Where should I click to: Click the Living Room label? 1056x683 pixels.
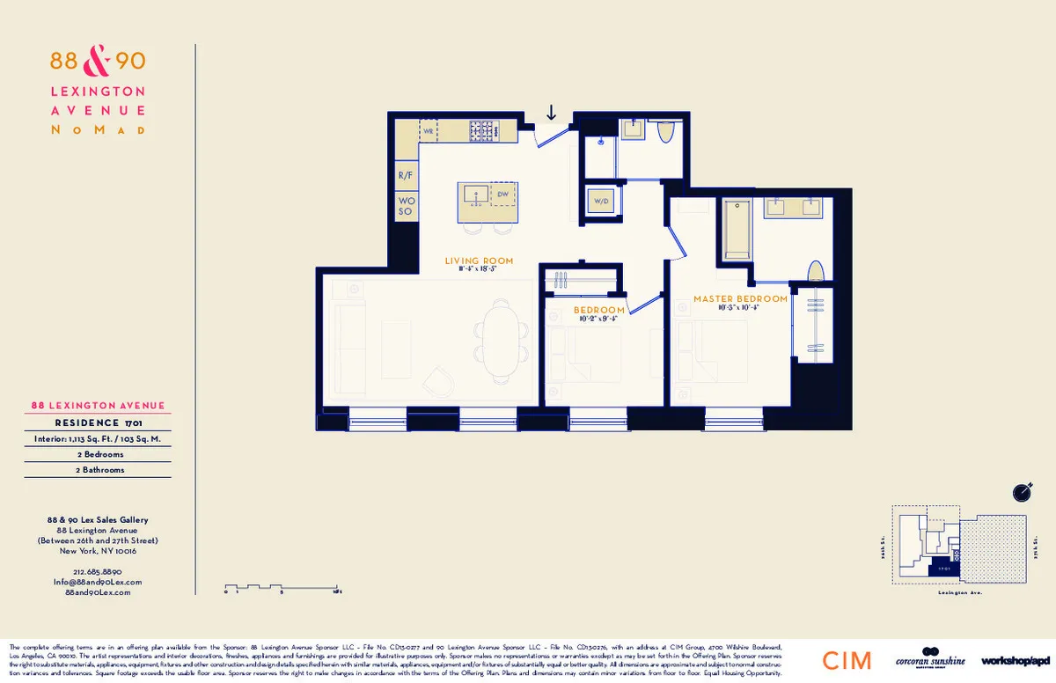click(479, 261)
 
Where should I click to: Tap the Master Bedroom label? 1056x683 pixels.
click(740, 299)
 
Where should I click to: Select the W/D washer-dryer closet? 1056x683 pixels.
click(602, 202)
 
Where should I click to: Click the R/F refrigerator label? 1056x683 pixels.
click(406, 176)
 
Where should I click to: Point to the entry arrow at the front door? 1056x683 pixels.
click(552, 113)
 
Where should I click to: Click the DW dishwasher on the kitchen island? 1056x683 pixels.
click(502, 194)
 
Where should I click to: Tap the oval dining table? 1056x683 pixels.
click(502, 339)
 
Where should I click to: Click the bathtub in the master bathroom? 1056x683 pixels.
click(737, 229)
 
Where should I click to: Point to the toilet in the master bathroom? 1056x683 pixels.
click(816, 271)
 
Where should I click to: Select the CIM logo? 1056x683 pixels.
click(847, 660)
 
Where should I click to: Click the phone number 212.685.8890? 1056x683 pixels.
click(98, 571)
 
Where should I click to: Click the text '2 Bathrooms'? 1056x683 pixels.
click(98, 470)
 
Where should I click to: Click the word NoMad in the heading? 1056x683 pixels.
click(98, 129)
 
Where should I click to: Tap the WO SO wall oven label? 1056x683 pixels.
click(406, 207)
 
